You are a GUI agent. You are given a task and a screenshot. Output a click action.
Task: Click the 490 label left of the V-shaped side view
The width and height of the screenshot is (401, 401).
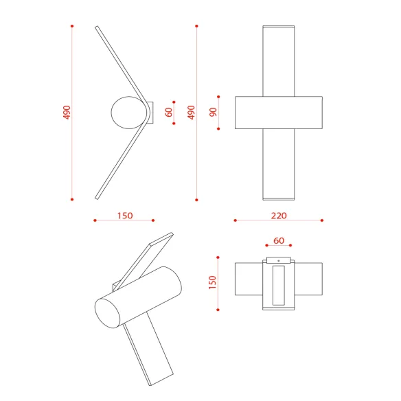[x=67, y=113]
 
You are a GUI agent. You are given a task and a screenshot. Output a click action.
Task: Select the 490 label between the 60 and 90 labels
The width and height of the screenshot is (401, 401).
[x=191, y=113]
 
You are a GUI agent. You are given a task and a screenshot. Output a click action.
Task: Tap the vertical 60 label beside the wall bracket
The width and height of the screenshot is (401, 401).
[x=168, y=113]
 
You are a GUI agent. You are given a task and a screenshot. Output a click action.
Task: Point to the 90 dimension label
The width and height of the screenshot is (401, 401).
[x=213, y=113]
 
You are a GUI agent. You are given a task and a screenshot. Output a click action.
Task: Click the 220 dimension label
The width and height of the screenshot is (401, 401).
[x=279, y=216]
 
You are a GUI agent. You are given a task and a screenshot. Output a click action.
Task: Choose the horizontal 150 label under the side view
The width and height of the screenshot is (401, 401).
[x=125, y=216]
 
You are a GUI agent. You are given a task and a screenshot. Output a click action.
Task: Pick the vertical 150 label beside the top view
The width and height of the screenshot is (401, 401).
[x=213, y=283]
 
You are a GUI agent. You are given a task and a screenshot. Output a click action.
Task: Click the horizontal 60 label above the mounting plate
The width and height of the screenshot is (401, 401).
[x=279, y=240]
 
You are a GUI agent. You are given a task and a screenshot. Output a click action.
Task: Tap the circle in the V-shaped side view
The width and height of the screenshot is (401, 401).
[x=129, y=113]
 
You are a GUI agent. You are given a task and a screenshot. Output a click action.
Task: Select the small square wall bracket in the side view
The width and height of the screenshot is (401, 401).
[x=151, y=113]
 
